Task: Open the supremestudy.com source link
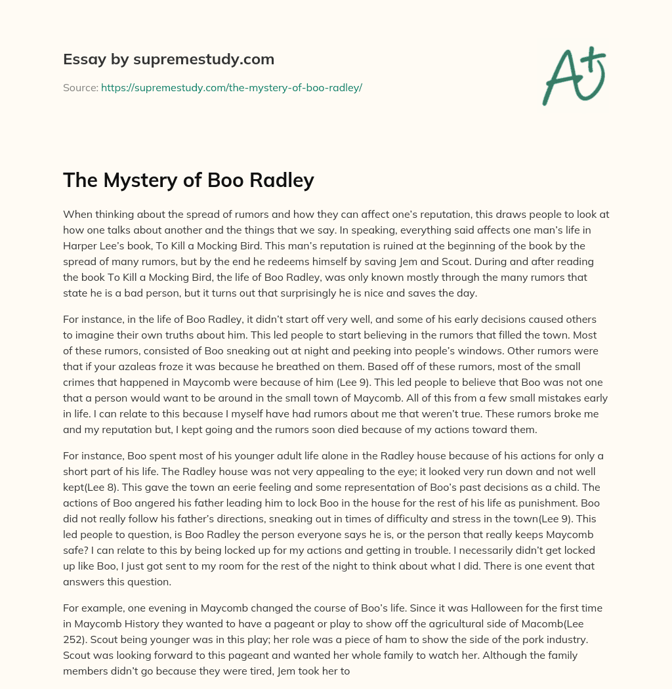(x=232, y=87)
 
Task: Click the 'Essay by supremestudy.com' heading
(x=169, y=60)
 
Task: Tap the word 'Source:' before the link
(x=81, y=87)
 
